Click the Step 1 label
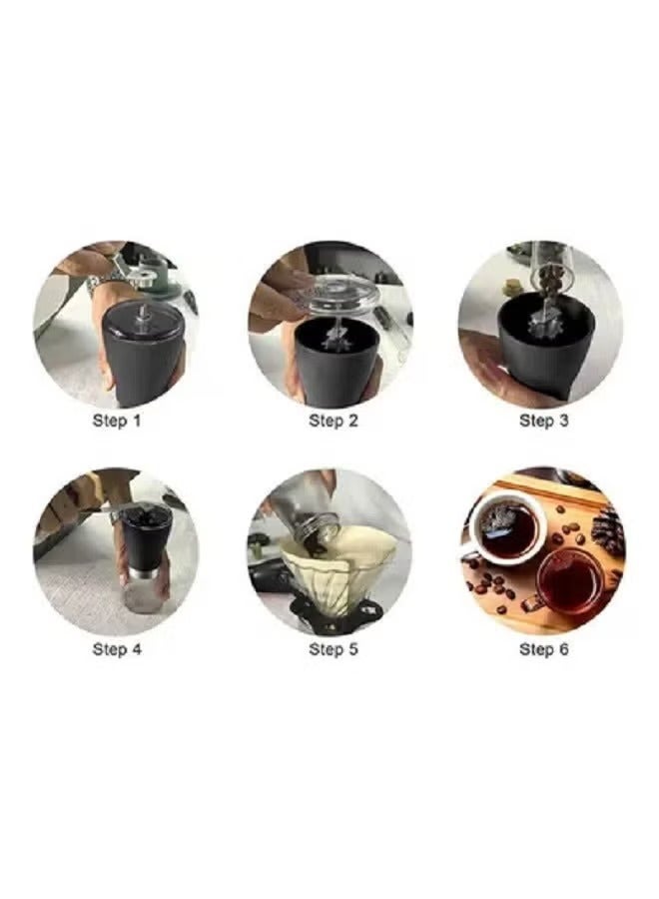[x=117, y=421]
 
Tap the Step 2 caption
[x=332, y=421]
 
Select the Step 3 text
[x=543, y=421]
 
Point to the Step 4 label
[x=117, y=649]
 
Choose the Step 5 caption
[x=332, y=649]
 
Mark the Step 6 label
[x=543, y=649]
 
